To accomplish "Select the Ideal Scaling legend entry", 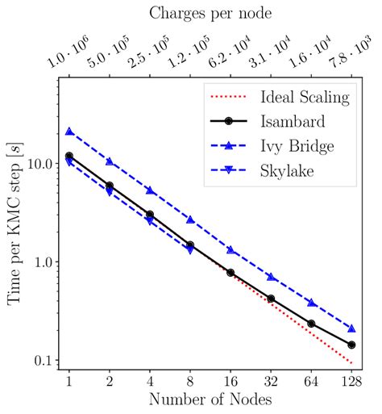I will coord(305,98).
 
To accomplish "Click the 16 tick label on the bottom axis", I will coord(230,381).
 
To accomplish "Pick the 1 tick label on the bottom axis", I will coord(69,381).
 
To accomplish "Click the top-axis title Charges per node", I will coord(210,14).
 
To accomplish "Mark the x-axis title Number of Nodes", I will coord(210,399).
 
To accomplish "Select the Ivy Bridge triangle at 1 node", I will coord(69,132).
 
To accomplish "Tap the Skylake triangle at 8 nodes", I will coord(190,250).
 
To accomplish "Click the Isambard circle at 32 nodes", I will coord(271,299).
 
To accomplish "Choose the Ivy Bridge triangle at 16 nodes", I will coord(230,249).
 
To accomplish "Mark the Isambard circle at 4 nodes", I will coord(150,215).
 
